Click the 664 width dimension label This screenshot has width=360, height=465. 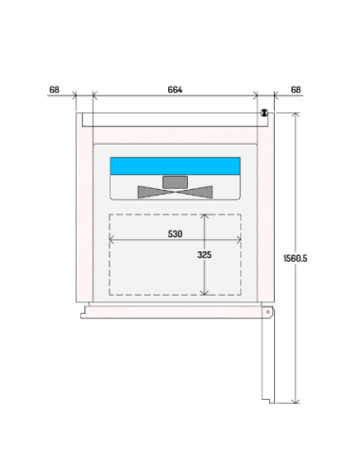tap(175, 90)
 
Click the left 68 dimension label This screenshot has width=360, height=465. tap(54, 90)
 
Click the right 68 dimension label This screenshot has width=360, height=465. tap(296, 90)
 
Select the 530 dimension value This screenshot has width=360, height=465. tap(175, 232)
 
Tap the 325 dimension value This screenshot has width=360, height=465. tap(205, 254)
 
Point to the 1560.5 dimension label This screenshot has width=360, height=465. tap(297, 257)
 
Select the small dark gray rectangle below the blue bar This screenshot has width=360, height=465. tap(176, 181)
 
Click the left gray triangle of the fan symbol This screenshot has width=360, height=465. tap(151, 192)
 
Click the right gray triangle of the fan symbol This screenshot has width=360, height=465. tap(200, 192)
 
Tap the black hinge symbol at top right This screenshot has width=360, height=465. tap(265, 113)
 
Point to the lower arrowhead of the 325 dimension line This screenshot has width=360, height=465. tap(205, 293)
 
